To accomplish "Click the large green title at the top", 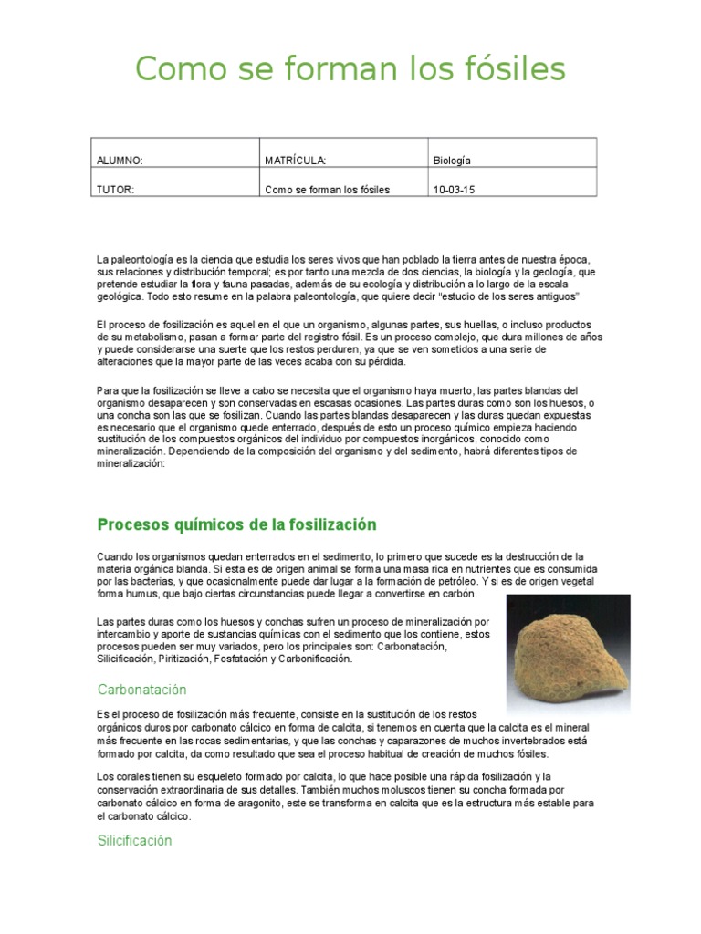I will pos(350,68).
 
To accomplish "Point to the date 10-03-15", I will pos(455,190).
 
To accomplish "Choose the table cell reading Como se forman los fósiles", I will pos(327,190).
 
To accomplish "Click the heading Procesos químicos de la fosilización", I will pos(236,524).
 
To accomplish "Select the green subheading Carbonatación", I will pos(141,690).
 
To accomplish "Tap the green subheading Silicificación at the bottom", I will pos(134,841).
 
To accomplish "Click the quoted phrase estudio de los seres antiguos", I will pos(502,297).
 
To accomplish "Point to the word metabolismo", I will pos(147,337).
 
